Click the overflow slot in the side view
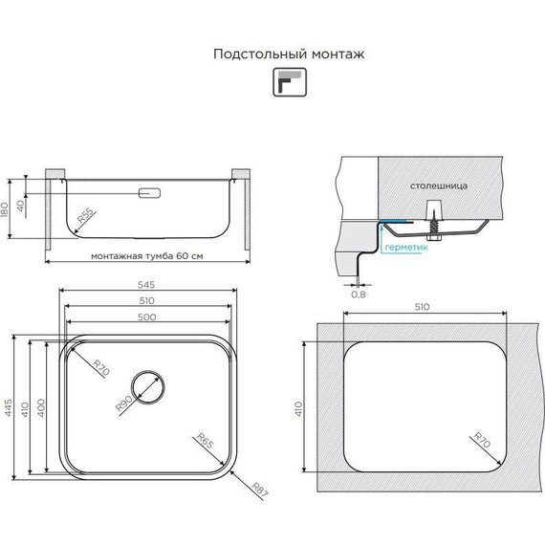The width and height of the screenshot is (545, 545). (x=149, y=194)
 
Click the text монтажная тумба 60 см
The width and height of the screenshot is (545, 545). (x=147, y=256)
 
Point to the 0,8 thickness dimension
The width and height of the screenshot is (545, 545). (x=359, y=294)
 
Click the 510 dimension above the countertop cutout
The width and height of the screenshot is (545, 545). (x=424, y=307)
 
